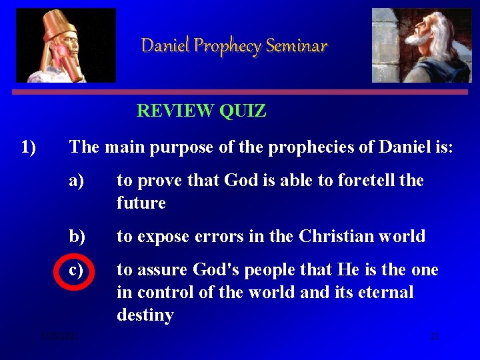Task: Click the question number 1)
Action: click(29, 147)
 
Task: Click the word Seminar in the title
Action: click(297, 46)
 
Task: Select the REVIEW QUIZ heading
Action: click(201, 111)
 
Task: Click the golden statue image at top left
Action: click(66, 45)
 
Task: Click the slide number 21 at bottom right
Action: click(434, 337)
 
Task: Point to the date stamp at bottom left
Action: click(59, 337)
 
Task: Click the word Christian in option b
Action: click(332, 237)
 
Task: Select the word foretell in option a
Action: click(367, 181)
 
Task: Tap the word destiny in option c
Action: click(145, 315)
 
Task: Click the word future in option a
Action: click(141, 203)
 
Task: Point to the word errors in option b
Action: click(223, 237)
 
